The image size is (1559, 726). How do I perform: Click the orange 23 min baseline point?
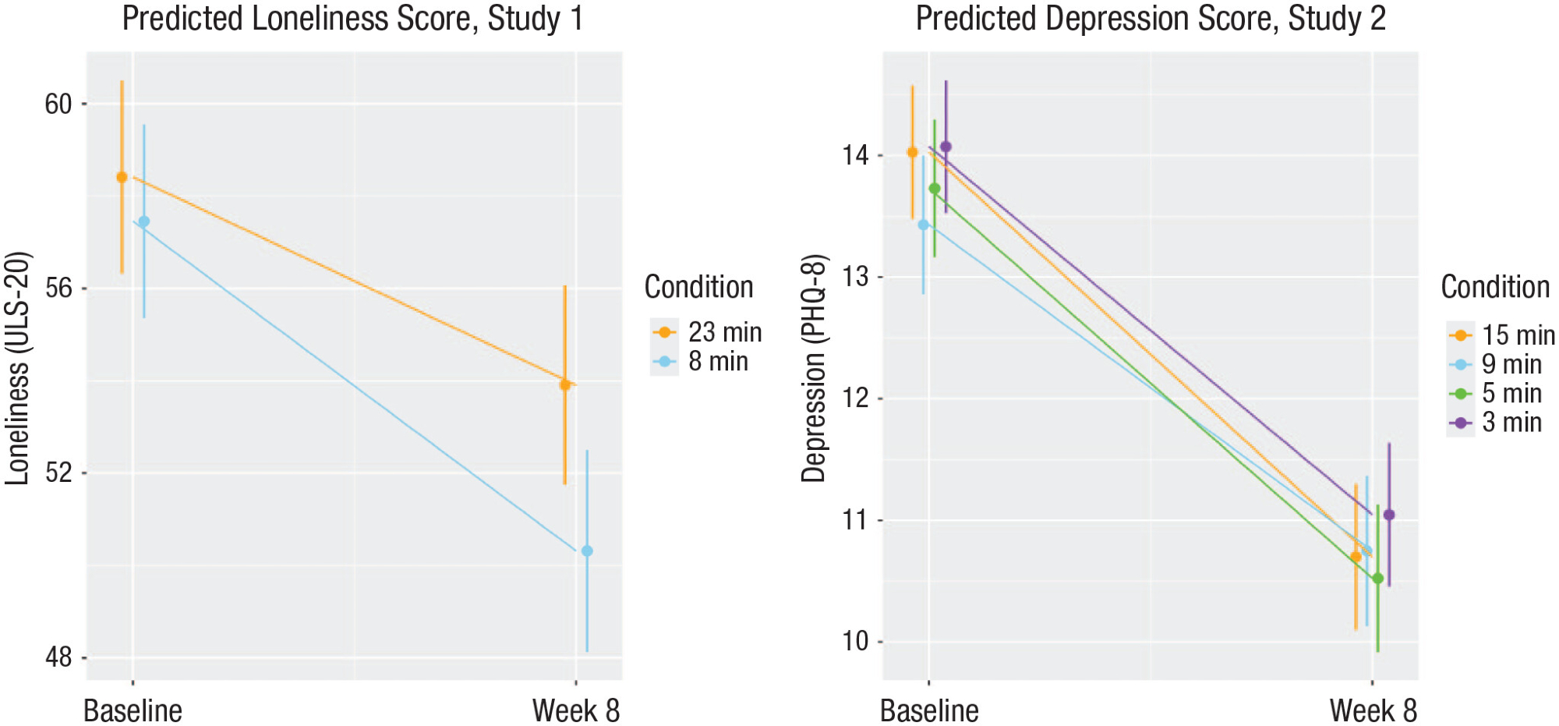click(x=122, y=177)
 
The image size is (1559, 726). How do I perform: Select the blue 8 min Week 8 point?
click(x=587, y=551)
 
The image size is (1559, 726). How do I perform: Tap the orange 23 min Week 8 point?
click(x=565, y=384)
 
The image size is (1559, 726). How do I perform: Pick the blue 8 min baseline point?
click(x=143, y=221)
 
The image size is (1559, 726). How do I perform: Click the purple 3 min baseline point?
click(x=946, y=147)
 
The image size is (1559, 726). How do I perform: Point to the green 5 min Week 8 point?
click(x=1377, y=579)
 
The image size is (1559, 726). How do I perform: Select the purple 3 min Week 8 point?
click(x=1389, y=515)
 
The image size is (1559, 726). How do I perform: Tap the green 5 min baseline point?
click(x=935, y=189)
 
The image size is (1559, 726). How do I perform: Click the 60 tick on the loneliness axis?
click(x=58, y=104)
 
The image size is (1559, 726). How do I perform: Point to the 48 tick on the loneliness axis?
click(x=58, y=657)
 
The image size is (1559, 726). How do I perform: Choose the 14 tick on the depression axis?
click(x=855, y=155)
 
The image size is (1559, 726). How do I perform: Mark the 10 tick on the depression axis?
click(x=855, y=641)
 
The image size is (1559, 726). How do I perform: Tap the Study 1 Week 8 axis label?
click(x=575, y=710)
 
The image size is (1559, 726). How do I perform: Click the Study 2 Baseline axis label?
click(x=929, y=710)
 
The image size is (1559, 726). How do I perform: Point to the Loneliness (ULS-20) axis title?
click(x=17, y=368)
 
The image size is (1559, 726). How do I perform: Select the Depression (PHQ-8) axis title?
click(x=814, y=368)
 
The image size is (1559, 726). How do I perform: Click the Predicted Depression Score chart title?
click(x=1151, y=19)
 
